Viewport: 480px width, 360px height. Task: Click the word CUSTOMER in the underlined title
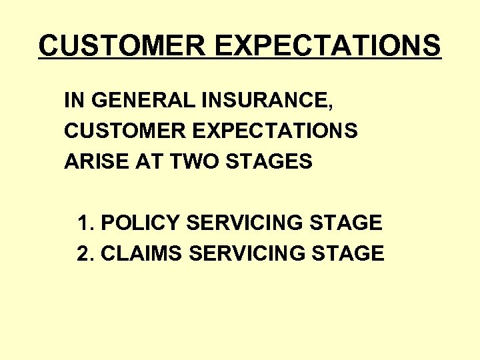tap(122, 46)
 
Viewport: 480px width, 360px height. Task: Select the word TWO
tap(185, 161)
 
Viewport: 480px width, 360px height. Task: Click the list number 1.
tap(83, 223)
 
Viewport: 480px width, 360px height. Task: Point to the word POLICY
tap(141, 223)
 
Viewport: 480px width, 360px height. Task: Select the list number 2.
tap(83, 253)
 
